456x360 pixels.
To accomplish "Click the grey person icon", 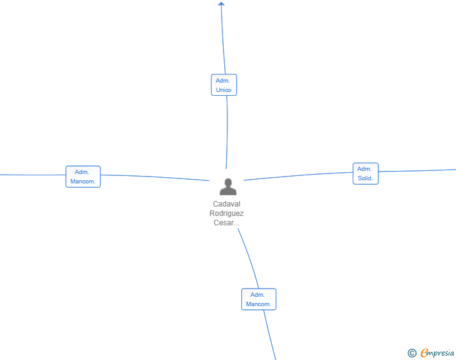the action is click(x=228, y=187).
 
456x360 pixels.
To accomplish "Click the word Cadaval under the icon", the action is click(x=227, y=204).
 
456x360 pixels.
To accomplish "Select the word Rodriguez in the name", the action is click(x=227, y=213).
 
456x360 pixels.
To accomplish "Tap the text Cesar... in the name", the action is click(x=227, y=223).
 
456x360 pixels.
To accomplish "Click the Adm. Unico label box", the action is click(x=224, y=85).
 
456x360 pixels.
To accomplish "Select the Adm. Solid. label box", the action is click(x=365, y=173).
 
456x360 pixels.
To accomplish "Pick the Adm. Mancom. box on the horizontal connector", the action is click(x=83, y=177).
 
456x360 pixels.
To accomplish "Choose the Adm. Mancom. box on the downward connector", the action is click(x=259, y=299).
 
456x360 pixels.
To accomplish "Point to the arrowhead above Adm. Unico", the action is click(x=221, y=4).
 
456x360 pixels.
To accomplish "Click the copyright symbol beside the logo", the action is click(x=412, y=353).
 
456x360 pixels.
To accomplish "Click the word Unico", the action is click(x=224, y=90).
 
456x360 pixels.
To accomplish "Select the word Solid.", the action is click(x=365, y=178).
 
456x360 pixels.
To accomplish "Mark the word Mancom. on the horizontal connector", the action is click(x=83, y=182).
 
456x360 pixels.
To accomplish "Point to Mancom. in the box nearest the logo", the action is click(x=259, y=304).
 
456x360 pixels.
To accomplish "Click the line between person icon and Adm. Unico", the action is click(x=227, y=131).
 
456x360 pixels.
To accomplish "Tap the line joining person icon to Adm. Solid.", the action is click(x=298, y=175).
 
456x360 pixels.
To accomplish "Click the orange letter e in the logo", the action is click(x=424, y=354).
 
